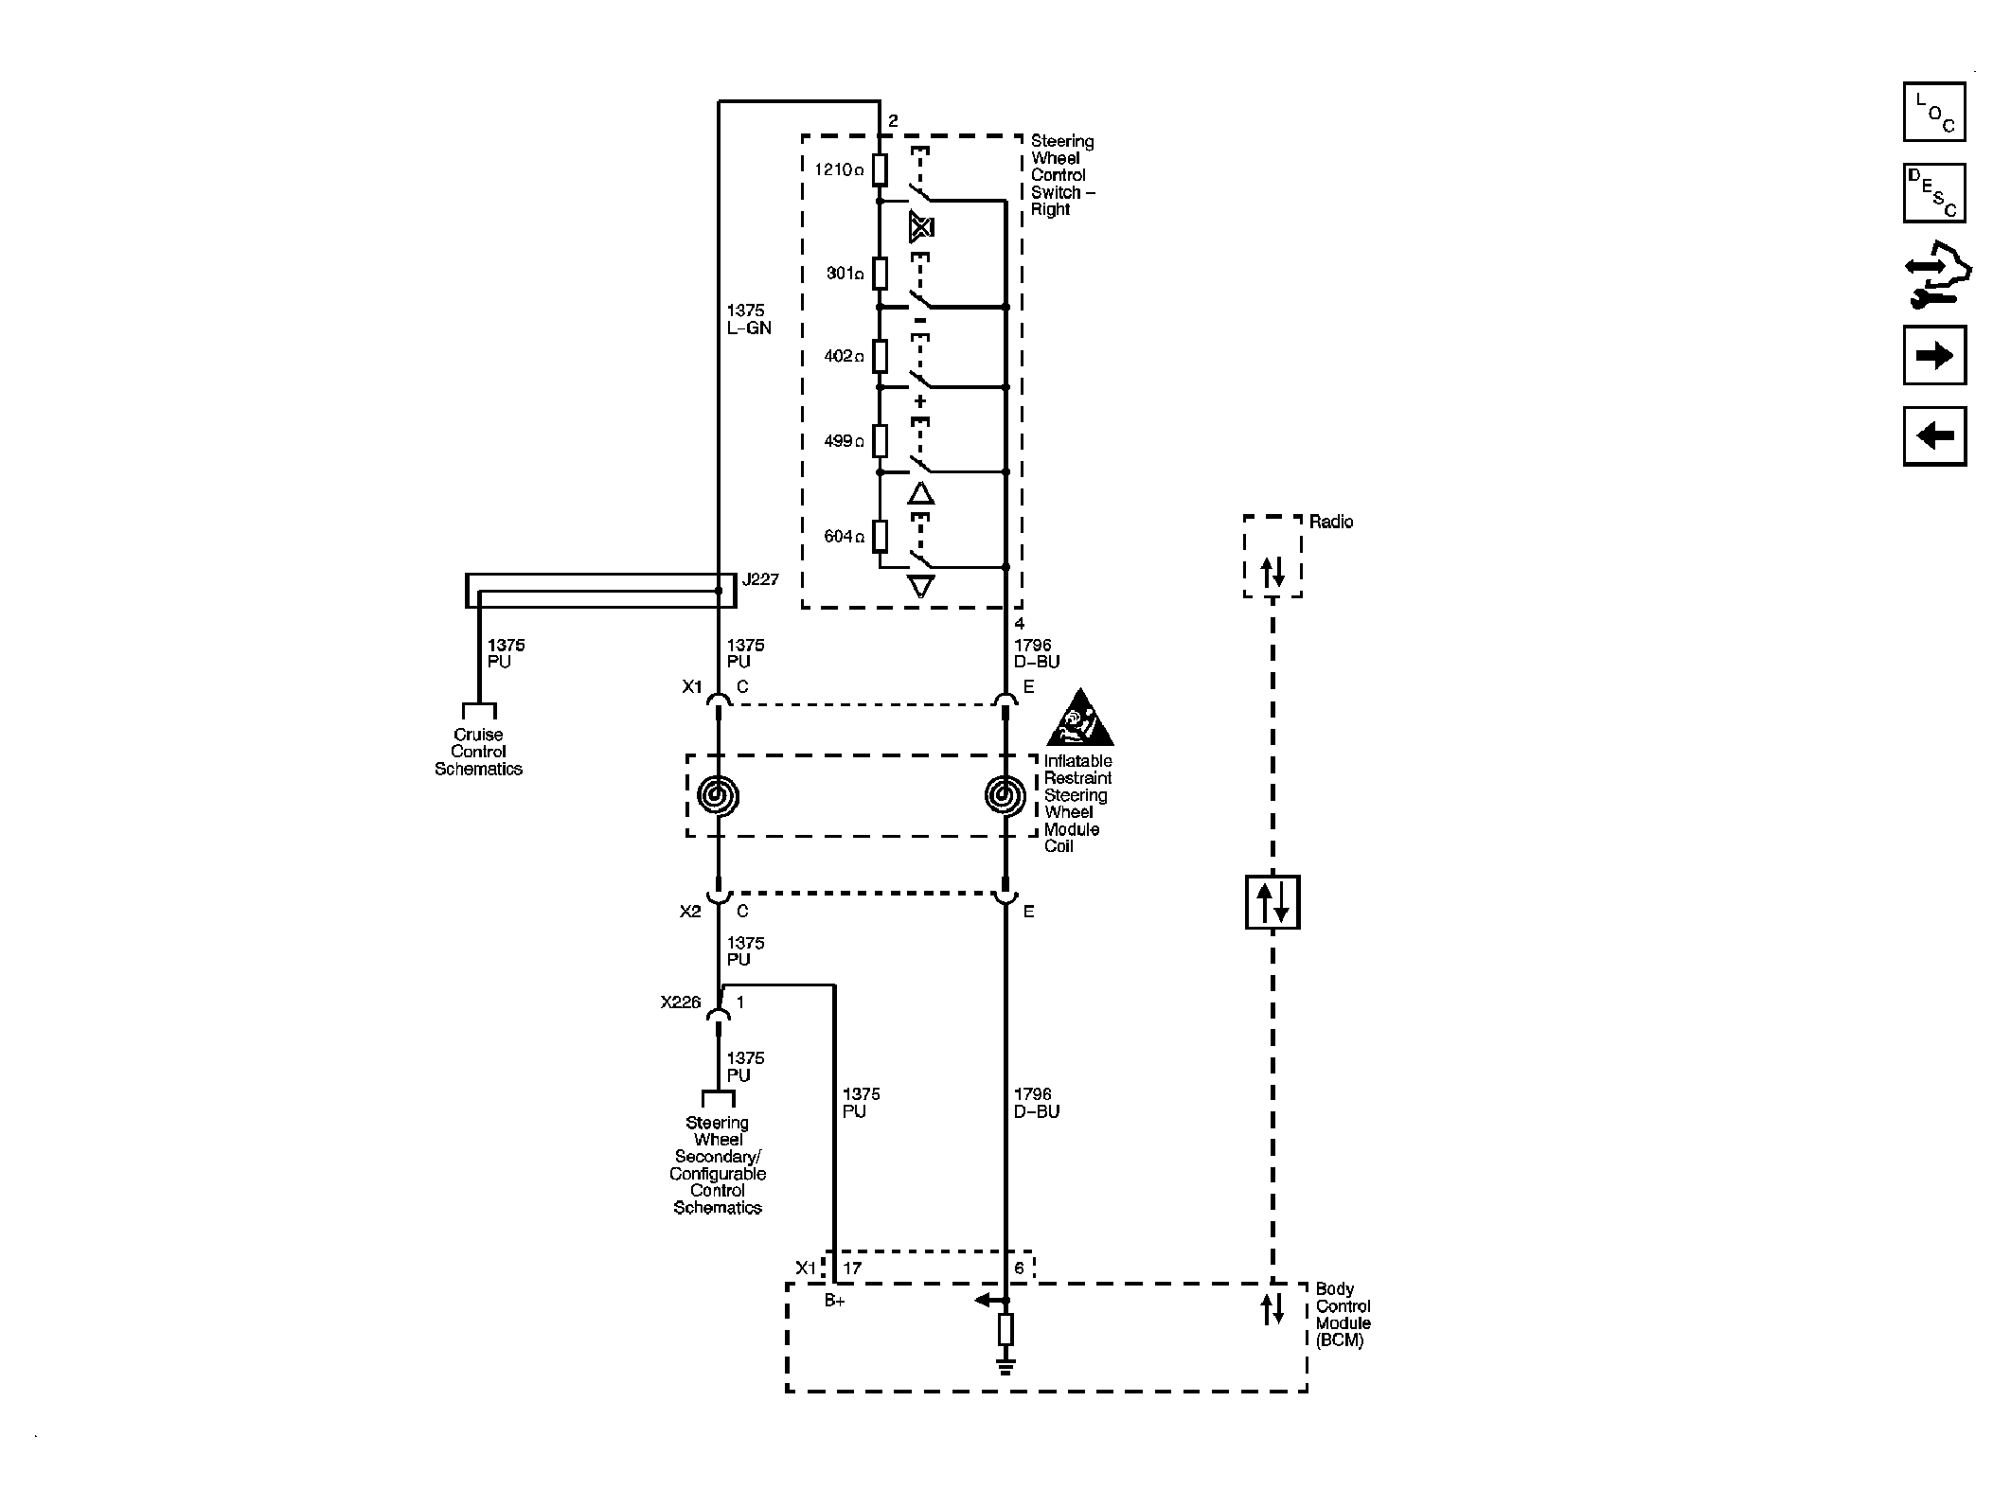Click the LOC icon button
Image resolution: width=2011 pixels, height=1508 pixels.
[x=1933, y=112]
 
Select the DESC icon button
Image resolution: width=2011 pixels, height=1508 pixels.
[x=1933, y=193]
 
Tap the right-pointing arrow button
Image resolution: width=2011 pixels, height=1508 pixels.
[x=1933, y=355]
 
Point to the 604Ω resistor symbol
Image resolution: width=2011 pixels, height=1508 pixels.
[x=880, y=536]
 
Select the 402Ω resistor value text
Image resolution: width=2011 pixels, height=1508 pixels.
[x=844, y=357]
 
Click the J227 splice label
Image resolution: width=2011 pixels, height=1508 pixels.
[x=760, y=579]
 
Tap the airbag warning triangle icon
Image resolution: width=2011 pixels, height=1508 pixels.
[x=1079, y=719]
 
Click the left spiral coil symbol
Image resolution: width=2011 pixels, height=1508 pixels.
[x=718, y=796]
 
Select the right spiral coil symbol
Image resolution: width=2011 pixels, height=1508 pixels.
[x=1005, y=796]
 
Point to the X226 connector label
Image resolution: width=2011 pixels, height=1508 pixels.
[x=681, y=1002]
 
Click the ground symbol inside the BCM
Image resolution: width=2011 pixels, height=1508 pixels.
[x=1005, y=1366]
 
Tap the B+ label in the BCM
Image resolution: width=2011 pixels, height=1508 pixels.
[x=834, y=1302]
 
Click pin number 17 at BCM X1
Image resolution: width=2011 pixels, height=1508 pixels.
[x=852, y=1268]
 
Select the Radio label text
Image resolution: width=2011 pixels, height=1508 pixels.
[x=1331, y=522]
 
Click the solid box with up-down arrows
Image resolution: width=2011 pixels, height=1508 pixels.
[x=1272, y=901]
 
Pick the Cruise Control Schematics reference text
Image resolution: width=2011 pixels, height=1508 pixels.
[x=478, y=752]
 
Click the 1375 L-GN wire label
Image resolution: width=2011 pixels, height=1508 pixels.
[x=748, y=319]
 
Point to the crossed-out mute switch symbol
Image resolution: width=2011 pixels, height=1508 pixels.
[x=920, y=227]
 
